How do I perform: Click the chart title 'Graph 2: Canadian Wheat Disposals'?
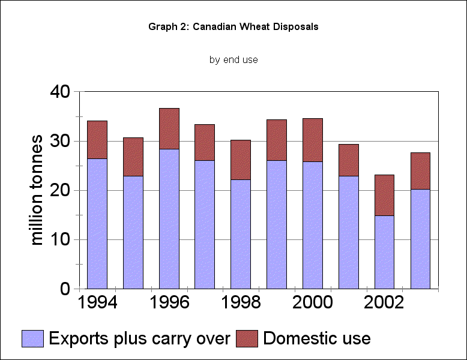[233, 27]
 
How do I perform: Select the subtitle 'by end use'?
[233, 59]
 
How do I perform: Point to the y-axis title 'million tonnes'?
[37, 190]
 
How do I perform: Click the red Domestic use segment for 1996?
[169, 128]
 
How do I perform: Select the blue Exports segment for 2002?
[384, 252]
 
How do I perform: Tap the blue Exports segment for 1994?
[97, 223]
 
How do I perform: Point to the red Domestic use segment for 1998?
[241, 160]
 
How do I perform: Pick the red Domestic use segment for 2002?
[384, 195]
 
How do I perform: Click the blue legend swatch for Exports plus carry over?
[33, 338]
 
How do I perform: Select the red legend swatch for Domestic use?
[246, 338]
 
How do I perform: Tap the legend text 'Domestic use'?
[316, 338]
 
